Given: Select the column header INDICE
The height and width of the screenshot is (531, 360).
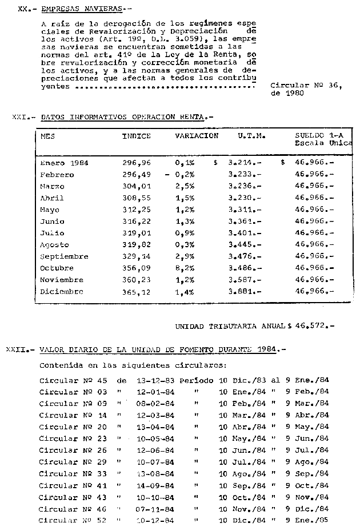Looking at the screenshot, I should [136, 136].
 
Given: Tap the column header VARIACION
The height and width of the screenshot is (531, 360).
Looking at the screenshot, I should [197, 136].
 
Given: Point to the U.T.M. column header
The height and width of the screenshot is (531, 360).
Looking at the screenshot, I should [251, 136].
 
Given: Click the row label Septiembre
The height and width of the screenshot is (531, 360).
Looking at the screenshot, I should [64, 256].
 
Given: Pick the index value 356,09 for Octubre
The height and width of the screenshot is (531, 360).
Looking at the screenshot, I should [136, 268].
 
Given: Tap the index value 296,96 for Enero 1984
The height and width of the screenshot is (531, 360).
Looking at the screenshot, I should [136, 163].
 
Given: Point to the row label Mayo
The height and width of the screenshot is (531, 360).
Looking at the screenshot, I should [50, 210].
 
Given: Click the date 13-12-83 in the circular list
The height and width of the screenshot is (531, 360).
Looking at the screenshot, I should [151, 380].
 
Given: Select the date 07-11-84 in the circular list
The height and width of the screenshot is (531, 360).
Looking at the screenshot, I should [151, 509].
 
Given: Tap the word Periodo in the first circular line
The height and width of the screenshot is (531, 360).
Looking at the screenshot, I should [196, 380].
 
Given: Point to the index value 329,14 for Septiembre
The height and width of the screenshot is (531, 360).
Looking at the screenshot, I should [136, 256].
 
